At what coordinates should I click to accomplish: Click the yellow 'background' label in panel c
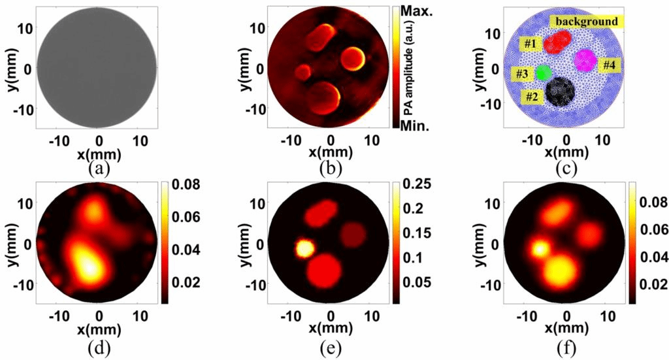(x=587, y=22)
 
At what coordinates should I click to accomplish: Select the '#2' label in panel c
(x=533, y=96)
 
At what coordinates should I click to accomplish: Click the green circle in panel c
(x=543, y=73)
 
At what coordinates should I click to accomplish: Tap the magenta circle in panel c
(x=584, y=60)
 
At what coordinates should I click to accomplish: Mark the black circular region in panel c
(x=560, y=92)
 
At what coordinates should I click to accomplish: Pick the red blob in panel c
(x=557, y=42)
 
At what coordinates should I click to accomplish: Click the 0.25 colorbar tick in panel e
(x=416, y=185)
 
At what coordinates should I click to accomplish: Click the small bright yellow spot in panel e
(x=304, y=248)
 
